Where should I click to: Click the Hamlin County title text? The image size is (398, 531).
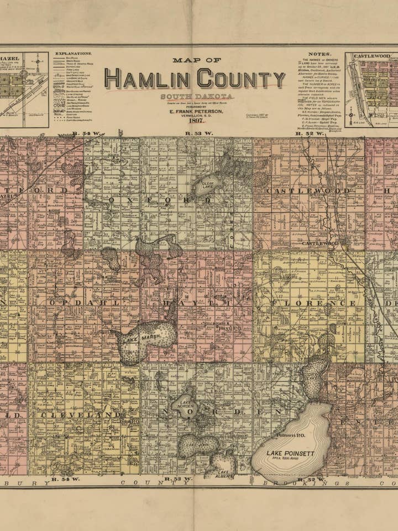[x=195, y=79]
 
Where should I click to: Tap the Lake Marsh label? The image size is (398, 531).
[x=137, y=339]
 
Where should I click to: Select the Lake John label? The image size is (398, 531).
[x=196, y=445]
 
